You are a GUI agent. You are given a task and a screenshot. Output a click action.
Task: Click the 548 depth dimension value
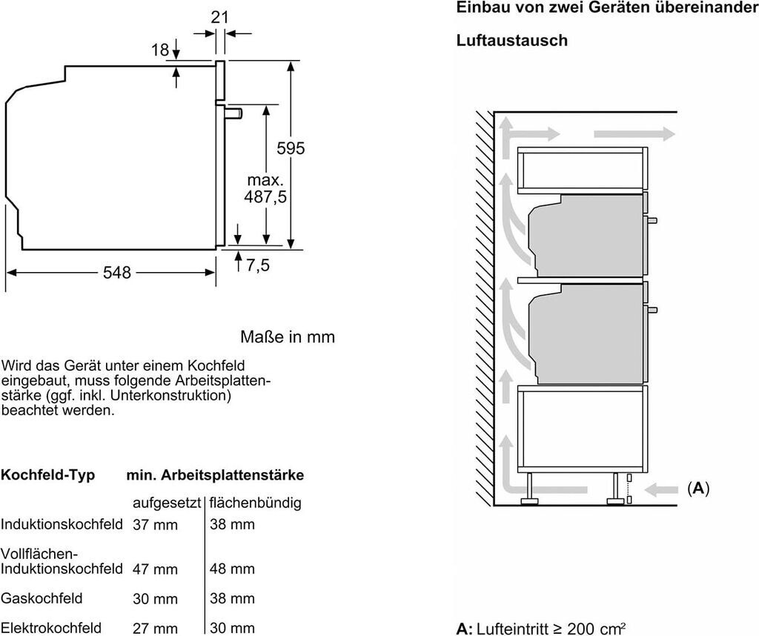(x=117, y=273)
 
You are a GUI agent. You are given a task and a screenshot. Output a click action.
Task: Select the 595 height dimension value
(x=291, y=148)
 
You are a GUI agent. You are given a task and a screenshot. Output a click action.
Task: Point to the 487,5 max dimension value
(x=265, y=197)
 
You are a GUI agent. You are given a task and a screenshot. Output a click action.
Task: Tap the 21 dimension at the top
(x=219, y=17)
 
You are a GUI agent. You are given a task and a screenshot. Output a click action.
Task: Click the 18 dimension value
(x=160, y=50)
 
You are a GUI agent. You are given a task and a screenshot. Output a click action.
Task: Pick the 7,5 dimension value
(x=258, y=265)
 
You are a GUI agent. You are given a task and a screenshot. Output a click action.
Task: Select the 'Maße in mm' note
(x=288, y=337)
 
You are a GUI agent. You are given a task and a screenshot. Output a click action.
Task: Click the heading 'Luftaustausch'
(x=512, y=40)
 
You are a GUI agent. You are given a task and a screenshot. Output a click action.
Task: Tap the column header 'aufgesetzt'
(x=167, y=503)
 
